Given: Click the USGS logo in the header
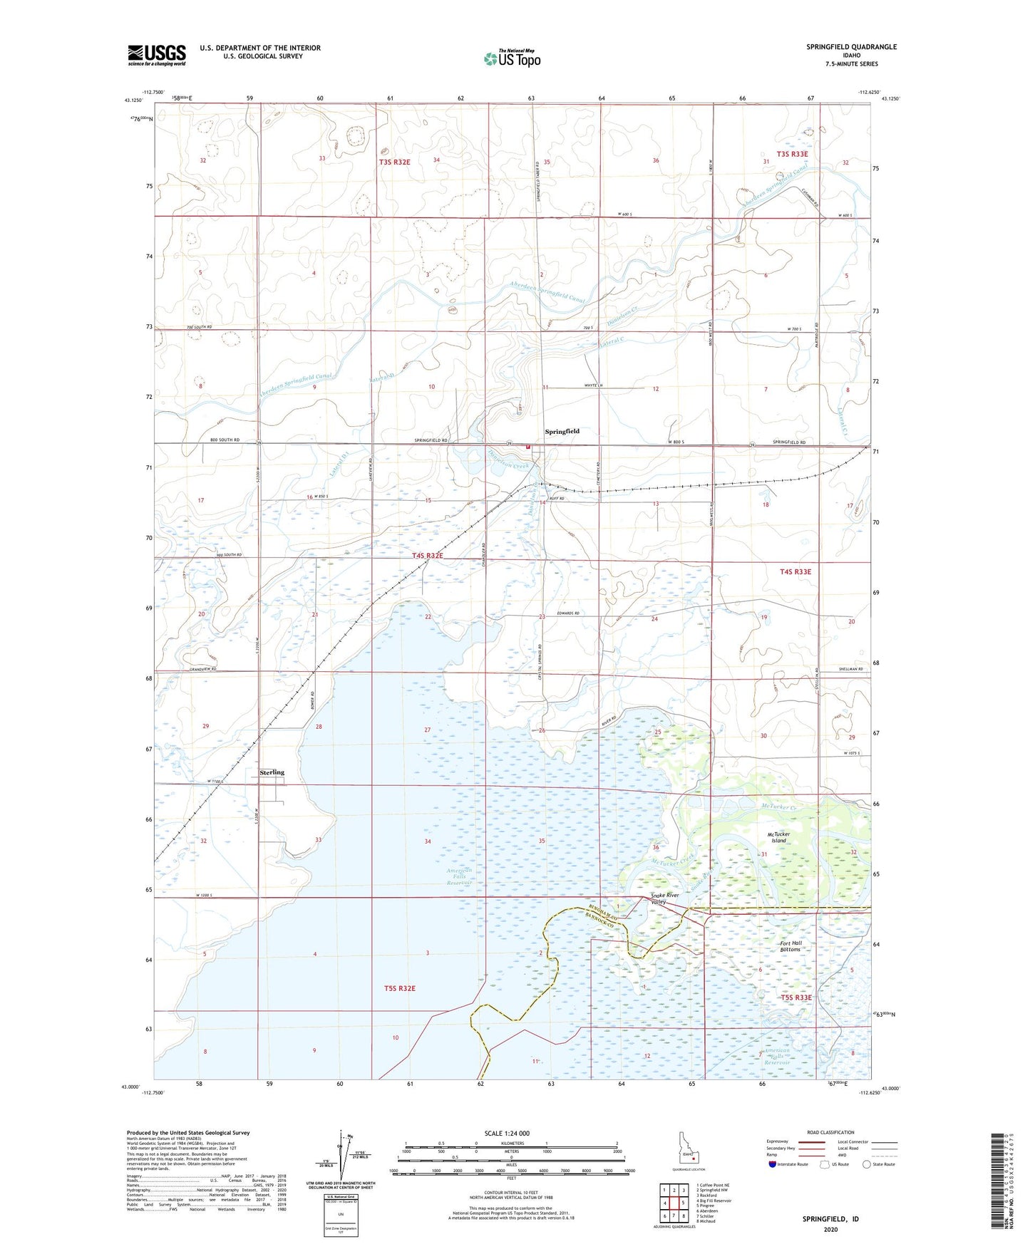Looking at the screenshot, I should tap(157, 55).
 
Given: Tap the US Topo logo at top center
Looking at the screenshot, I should tap(511, 58).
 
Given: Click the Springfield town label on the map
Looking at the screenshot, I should tap(562, 432).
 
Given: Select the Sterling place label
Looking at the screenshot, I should tap(272, 772).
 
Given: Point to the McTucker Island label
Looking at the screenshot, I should tap(778, 837).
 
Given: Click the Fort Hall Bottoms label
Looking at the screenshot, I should tap(790, 946).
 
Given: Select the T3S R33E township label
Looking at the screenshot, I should tap(792, 154).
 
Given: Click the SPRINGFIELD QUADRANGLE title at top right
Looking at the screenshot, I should tap(851, 47).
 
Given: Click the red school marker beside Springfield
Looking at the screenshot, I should tap(528, 447).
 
